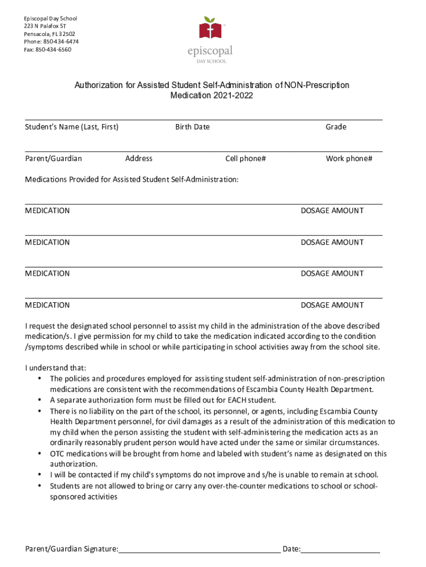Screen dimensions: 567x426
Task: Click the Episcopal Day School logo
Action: pos(210,39)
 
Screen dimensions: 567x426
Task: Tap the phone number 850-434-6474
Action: pos(58,42)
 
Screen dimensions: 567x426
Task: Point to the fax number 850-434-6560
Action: pos(53,49)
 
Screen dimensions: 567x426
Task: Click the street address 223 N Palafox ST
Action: pos(45,26)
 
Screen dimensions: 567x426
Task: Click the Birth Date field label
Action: pos(193,127)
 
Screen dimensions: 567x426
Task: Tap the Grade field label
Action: pos(336,127)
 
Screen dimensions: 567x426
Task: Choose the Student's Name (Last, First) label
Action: pos(72,127)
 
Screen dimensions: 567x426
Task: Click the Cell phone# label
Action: pos(246,158)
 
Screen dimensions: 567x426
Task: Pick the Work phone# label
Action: pos(349,158)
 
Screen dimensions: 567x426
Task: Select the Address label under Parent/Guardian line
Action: pos(139,158)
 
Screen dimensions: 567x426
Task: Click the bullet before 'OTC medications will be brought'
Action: pos(40,453)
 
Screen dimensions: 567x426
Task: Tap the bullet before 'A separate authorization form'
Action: pos(40,400)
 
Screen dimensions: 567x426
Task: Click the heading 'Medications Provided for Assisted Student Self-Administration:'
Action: pos(132,179)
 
